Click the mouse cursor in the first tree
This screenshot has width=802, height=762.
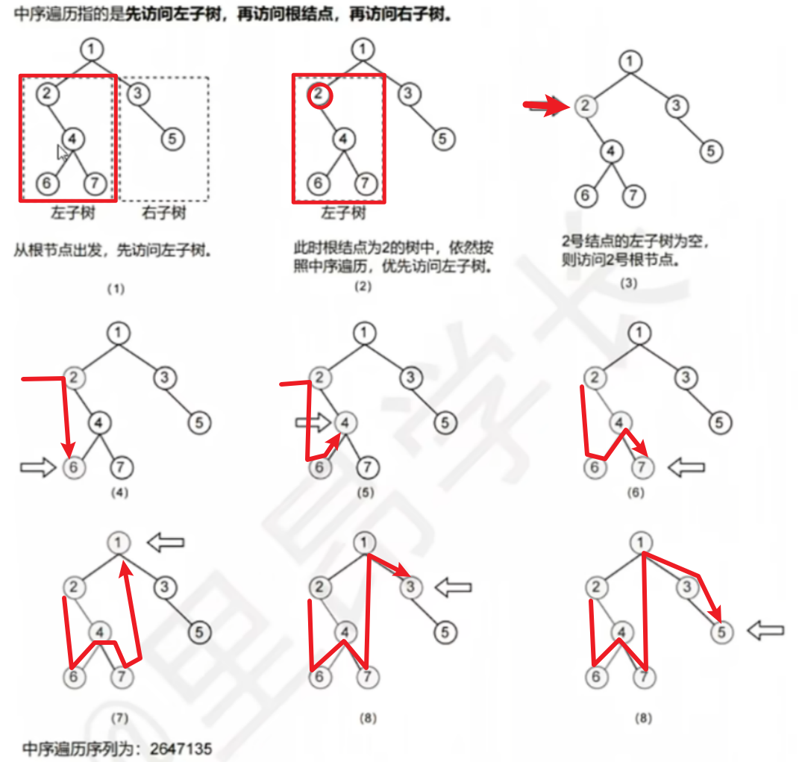63,153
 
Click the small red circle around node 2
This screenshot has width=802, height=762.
319,95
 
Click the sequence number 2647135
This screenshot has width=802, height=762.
181,748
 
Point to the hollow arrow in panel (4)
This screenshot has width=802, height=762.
37,468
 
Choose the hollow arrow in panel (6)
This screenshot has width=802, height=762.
686,468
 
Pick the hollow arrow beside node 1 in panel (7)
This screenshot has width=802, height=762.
165,543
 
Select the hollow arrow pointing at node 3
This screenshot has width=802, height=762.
453,587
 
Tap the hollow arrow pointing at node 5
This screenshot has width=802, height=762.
765,631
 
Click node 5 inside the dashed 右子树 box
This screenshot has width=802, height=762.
172,139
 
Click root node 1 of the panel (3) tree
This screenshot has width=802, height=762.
631,61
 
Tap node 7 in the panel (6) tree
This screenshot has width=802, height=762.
642,468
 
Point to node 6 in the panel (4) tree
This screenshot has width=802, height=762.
73,468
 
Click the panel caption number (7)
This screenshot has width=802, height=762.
119,718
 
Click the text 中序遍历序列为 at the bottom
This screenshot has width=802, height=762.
81,748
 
